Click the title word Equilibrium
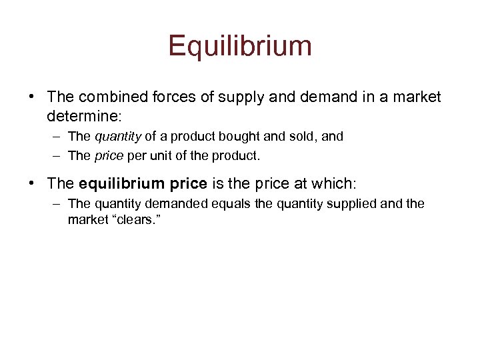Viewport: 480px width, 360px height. click(240, 46)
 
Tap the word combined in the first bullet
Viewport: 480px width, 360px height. click(106, 97)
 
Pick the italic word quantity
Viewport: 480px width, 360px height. click(118, 137)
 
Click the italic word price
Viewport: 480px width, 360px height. click(109, 155)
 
